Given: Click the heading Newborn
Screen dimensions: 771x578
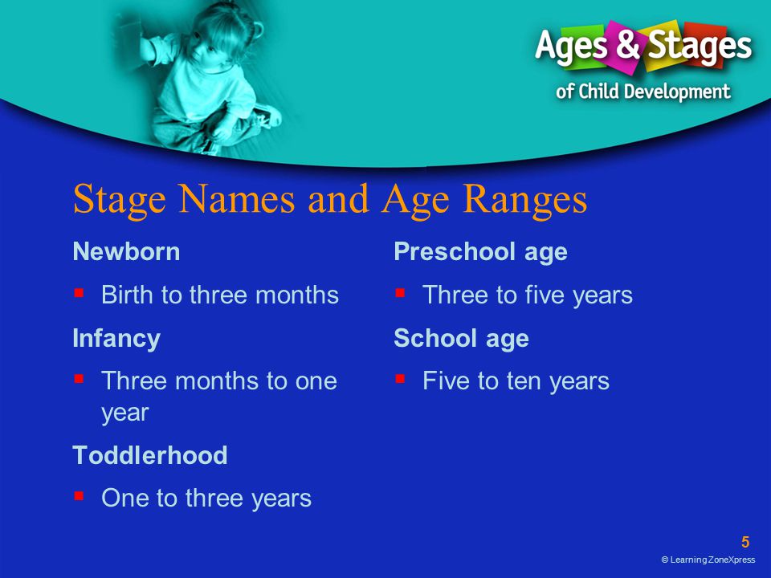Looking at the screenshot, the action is [x=126, y=251].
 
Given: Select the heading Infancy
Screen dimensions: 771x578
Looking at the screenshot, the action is [x=116, y=339].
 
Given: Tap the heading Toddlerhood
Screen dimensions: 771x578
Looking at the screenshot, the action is [x=150, y=455].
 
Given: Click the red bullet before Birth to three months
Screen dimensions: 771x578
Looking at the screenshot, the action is [x=80, y=294].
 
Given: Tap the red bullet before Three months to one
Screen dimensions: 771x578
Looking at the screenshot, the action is [x=80, y=379].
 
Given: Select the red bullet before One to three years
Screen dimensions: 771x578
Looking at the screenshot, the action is [x=80, y=496].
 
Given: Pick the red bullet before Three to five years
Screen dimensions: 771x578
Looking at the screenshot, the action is [x=400, y=294].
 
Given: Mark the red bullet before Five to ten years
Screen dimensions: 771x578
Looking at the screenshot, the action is [x=400, y=379].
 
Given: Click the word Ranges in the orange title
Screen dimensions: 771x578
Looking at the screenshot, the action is [x=525, y=201].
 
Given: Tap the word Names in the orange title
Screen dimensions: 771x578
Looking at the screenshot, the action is [x=237, y=199].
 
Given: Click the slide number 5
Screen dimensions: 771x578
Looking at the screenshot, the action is [x=745, y=542].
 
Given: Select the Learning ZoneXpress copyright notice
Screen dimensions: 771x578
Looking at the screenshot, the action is [x=708, y=560].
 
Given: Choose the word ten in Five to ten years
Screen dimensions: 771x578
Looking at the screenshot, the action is [x=524, y=381].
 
